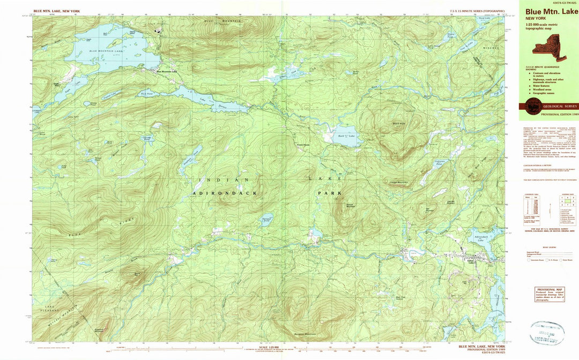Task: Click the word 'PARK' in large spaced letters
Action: click(x=329, y=192)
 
